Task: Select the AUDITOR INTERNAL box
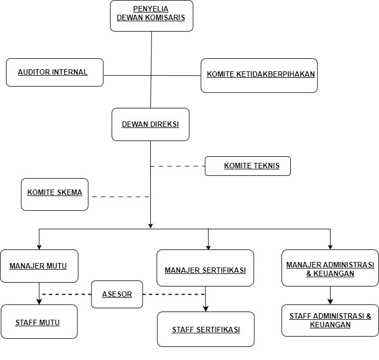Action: coord(54,72)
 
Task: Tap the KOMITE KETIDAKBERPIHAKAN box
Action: coord(259,75)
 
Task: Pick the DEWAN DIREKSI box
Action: coord(150,124)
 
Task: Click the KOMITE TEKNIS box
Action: coord(247,166)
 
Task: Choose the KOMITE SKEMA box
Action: coord(54,194)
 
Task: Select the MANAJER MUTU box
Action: coord(39,266)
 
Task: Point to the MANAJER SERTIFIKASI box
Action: coord(205,268)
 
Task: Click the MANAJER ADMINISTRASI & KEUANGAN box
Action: coord(330,267)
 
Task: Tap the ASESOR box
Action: coord(117,294)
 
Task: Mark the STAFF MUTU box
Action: coord(39,322)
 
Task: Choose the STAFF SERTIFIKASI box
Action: coord(206,329)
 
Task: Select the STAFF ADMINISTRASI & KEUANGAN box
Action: coord(330,320)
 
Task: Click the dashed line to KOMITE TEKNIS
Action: coord(178,166)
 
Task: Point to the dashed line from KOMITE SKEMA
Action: coord(120,196)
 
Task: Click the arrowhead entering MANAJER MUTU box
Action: coord(39,246)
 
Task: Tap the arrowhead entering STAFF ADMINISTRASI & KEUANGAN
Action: coord(330,301)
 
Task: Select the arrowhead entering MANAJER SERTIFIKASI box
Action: coord(209,247)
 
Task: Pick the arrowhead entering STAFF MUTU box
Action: coord(39,301)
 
